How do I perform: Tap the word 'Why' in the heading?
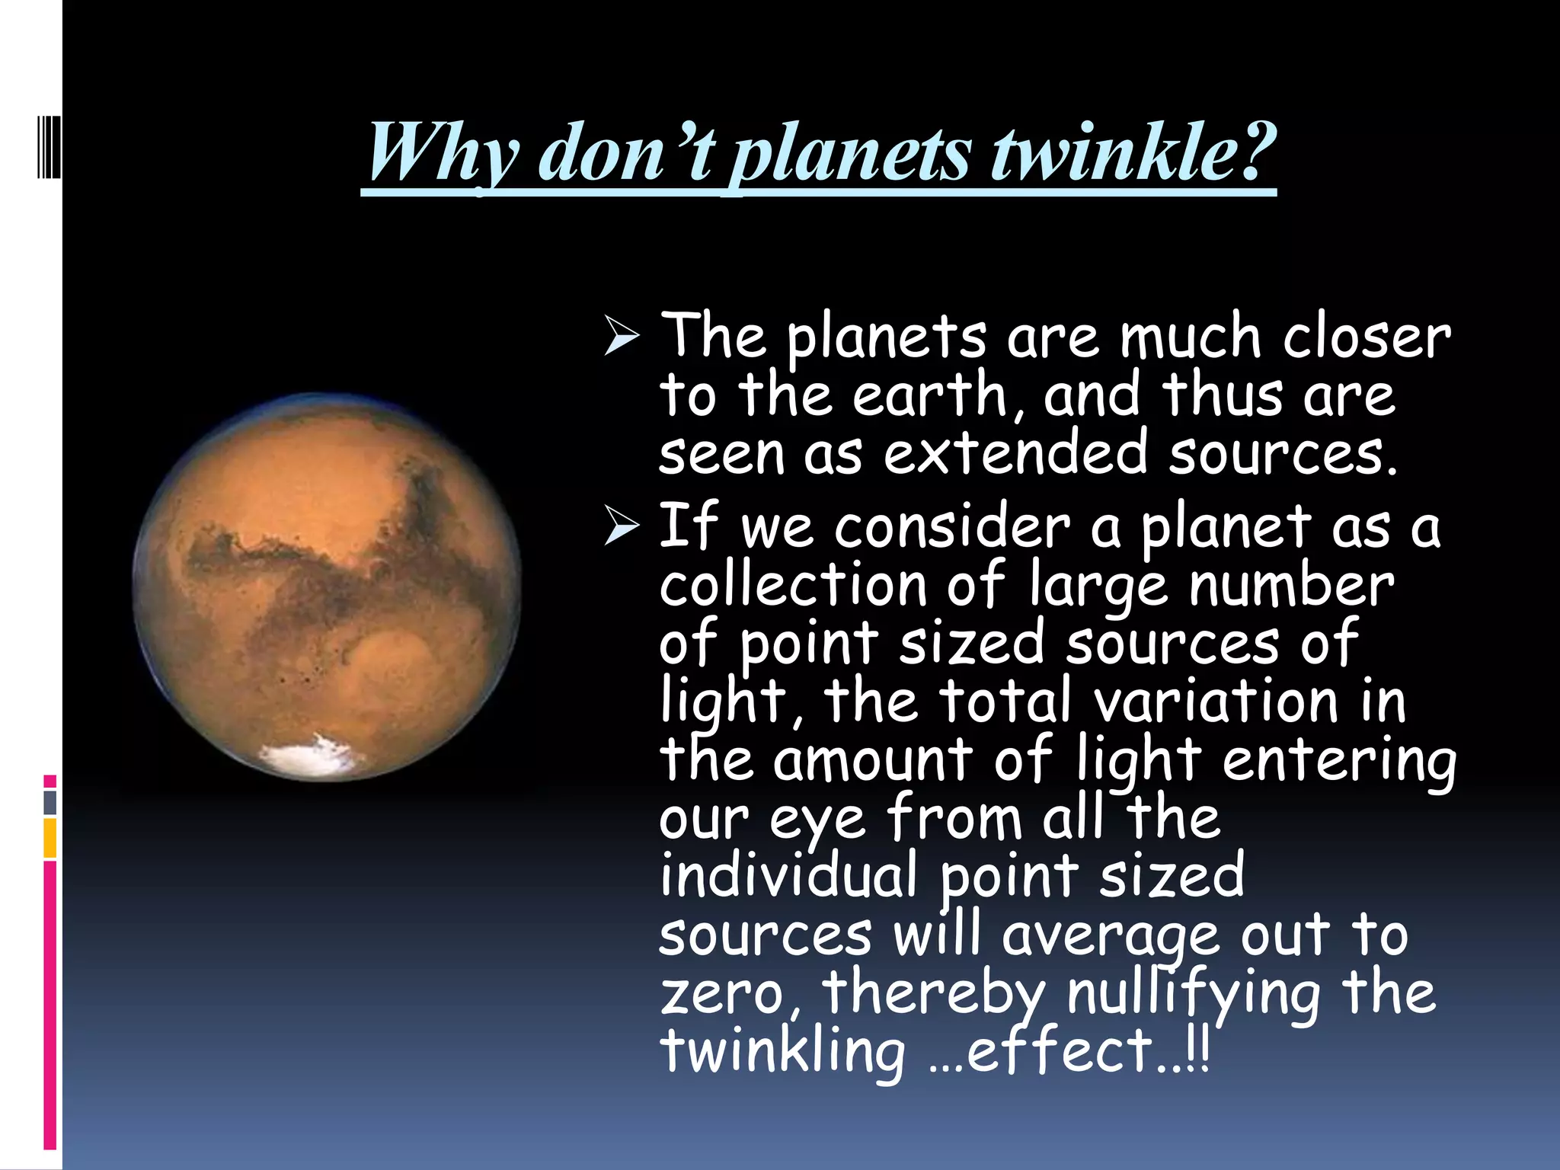(443, 152)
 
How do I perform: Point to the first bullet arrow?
(622, 336)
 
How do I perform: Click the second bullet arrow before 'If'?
(622, 526)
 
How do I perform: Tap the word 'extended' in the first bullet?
(1015, 452)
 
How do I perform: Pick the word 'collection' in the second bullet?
(793, 585)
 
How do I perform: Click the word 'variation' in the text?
(1216, 701)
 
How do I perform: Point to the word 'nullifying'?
(1193, 993)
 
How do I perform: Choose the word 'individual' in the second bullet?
(788, 875)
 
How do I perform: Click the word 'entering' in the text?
(1338, 761)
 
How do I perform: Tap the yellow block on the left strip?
(50, 838)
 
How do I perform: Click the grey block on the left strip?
(50, 802)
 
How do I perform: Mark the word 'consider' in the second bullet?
(952, 526)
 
